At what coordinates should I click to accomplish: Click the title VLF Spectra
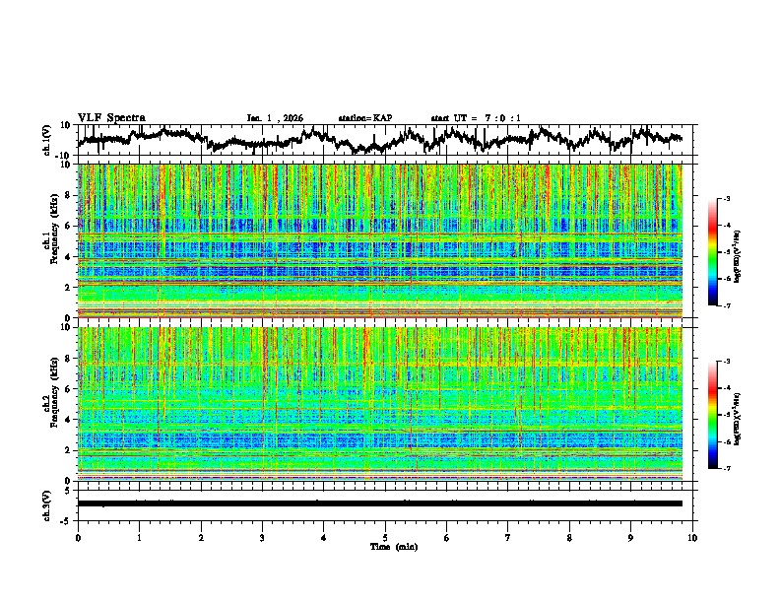pos(111,117)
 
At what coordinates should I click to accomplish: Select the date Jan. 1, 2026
pos(275,118)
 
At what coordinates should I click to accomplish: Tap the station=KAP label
pos(364,118)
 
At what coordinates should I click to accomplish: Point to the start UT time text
pos(476,118)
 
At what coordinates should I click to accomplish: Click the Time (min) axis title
pos(385,546)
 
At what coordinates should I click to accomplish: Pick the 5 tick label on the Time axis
pos(385,537)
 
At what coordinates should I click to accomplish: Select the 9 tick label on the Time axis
pos(631,537)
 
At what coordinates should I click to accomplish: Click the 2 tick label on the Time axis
pos(201,537)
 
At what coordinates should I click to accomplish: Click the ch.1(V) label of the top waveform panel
pos(48,139)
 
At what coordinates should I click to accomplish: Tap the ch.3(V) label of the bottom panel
pos(48,503)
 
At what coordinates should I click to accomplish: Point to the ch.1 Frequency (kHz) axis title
pos(50,240)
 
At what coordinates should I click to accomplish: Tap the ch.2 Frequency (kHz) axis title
pos(50,403)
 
